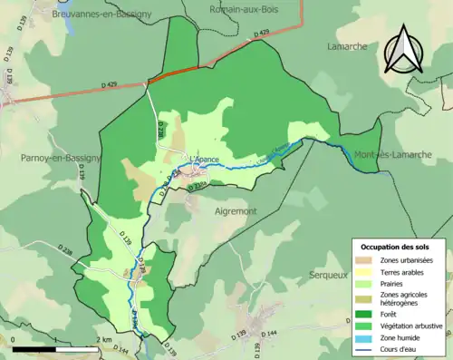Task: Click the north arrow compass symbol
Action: pyautogui.click(x=404, y=50)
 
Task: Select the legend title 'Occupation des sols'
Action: pyautogui.click(x=396, y=247)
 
